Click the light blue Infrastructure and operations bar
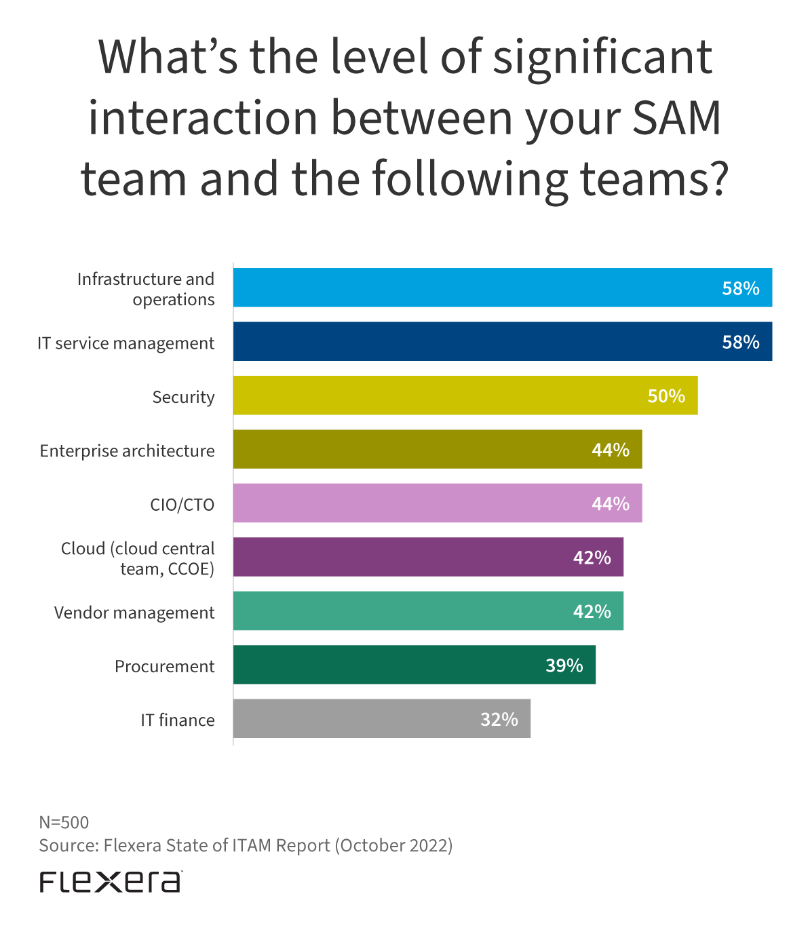tap(475, 288)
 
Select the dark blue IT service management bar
tap(475, 341)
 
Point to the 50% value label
tap(666, 396)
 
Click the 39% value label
tap(564, 665)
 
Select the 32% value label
tap(499, 719)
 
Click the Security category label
tap(183, 397)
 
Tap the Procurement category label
tap(164, 666)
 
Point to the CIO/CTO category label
tap(182, 505)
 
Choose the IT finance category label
tap(178, 720)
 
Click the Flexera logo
tap(111, 881)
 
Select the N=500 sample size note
tap(64, 822)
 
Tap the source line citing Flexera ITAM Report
tap(246, 845)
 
